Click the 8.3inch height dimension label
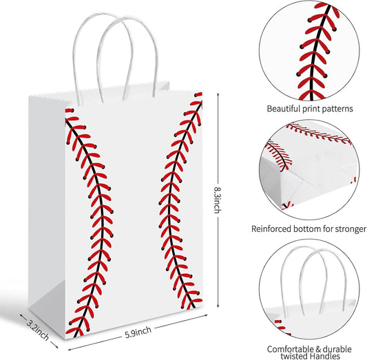click(x=218, y=200)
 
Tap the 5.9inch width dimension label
click(x=138, y=332)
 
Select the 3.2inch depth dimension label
click(x=37, y=330)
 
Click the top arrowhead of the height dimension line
click(x=218, y=94)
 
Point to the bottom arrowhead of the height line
click(x=218, y=305)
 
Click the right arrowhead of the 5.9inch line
click(x=205, y=315)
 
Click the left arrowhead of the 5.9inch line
click(x=70, y=350)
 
